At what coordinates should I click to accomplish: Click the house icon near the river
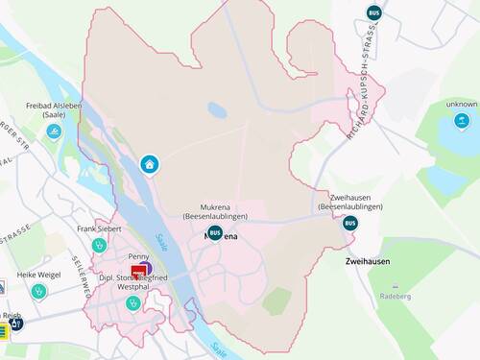click(149, 164)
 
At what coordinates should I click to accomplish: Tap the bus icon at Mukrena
click(215, 232)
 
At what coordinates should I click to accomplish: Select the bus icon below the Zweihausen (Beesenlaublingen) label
click(349, 223)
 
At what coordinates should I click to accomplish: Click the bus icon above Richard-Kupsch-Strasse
click(373, 13)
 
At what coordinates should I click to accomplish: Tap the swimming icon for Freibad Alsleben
click(53, 132)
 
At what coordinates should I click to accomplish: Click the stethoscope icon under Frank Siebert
click(98, 245)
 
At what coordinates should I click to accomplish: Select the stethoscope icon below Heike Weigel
click(38, 290)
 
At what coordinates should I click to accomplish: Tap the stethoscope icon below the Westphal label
click(132, 303)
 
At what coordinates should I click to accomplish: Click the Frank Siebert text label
click(99, 229)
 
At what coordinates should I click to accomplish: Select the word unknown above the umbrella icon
click(462, 104)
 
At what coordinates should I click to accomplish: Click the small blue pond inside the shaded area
click(217, 110)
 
